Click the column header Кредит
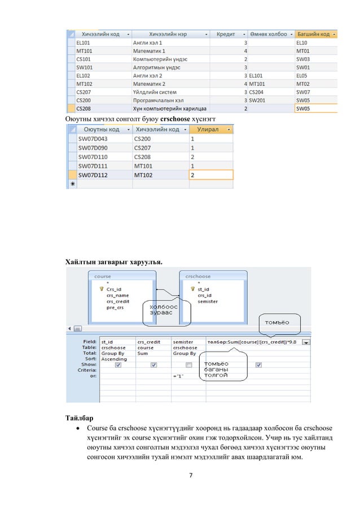(x=226, y=33)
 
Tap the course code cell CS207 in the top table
(x=84, y=91)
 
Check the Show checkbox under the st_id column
(x=117, y=365)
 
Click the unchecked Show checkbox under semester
(x=189, y=365)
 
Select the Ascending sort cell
(x=114, y=359)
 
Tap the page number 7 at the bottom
(x=191, y=472)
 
